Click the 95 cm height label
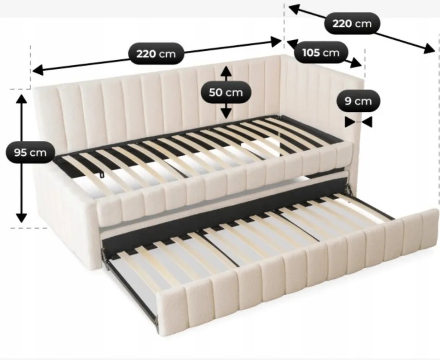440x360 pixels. pyautogui.click(x=30, y=153)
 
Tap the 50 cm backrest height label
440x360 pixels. pyautogui.click(x=226, y=92)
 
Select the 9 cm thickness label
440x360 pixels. pyautogui.click(x=358, y=101)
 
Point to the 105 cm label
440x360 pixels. pyautogui.click(x=321, y=53)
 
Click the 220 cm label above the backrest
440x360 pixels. pyautogui.click(x=156, y=53)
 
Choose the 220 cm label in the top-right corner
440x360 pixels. pyautogui.click(x=352, y=24)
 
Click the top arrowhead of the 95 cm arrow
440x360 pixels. pyautogui.click(x=21, y=99)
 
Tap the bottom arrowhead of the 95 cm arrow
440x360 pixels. pyautogui.click(x=21, y=217)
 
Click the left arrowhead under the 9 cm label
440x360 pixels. pyautogui.click(x=350, y=122)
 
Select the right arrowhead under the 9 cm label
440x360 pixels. pyautogui.click(x=367, y=122)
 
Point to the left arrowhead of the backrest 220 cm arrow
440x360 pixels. pyautogui.click(x=38, y=70)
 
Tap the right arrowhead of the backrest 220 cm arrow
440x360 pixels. pyautogui.click(x=276, y=42)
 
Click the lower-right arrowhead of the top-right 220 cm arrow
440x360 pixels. pyautogui.click(x=430, y=49)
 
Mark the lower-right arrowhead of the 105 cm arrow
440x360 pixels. pyautogui.click(x=356, y=63)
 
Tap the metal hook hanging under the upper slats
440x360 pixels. pyautogui.click(x=102, y=175)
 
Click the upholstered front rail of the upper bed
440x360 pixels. pyautogui.click(x=224, y=182)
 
